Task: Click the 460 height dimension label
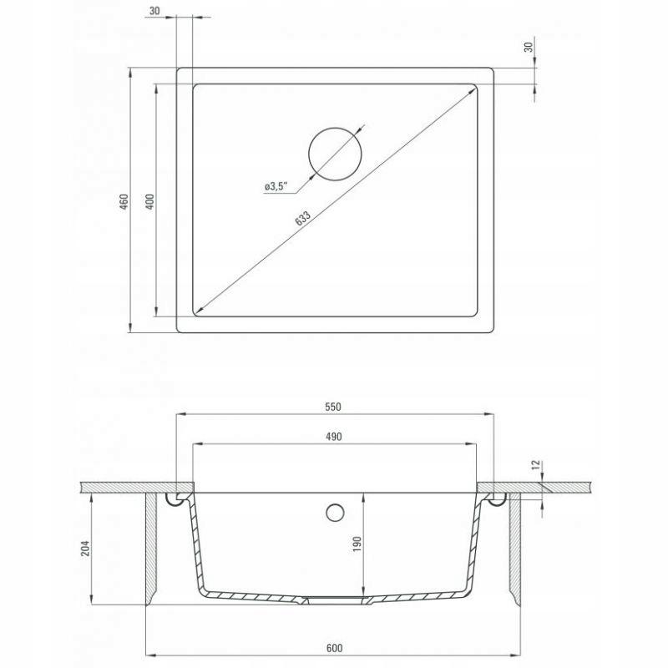coord(124,201)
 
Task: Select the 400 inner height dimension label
coord(150,201)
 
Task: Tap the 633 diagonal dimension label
coord(302,218)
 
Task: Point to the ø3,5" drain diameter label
coord(276,186)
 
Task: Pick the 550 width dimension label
coord(333,407)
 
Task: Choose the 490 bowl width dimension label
coord(333,437)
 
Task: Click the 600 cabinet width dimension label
coord(335,648)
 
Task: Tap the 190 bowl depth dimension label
coord(357,544)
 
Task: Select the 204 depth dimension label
coord(86,549)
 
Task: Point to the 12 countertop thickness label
coord(536,464)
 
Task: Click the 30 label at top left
coord(154,11)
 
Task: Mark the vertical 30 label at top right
coord(529,47)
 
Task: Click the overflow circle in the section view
coord(335,513)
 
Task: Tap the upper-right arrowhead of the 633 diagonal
coord(472,89)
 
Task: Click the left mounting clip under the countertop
coord(176,498)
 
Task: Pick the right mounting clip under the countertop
coord(495,498)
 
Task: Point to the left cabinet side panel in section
coord(152,549)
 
